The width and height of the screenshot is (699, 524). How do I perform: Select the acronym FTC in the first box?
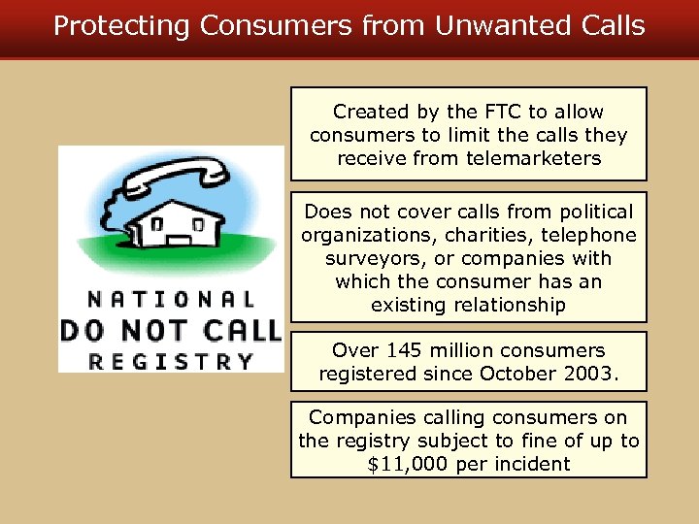tap(499, 112)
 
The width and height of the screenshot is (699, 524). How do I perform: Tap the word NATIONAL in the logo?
tap(171, 300)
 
